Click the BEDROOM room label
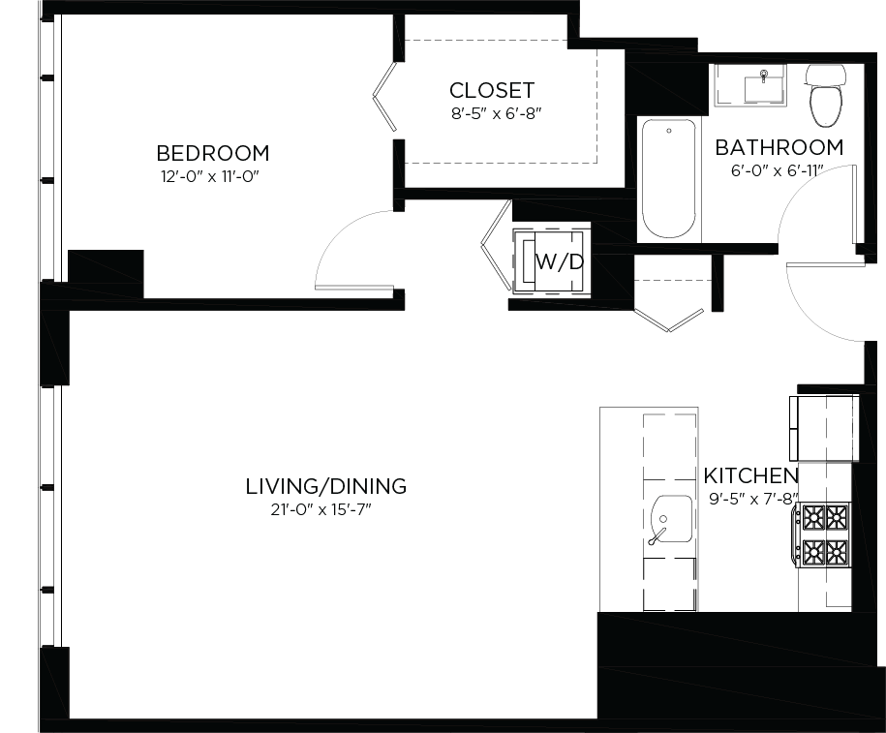tap(212, 153)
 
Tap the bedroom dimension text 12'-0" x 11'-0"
tap(212, 176)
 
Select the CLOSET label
tap(491, 90)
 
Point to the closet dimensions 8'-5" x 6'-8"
tap(493, 112)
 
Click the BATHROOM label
tap(779, 148)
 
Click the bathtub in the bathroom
tap(668, 179)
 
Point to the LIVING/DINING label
tap(325, 486)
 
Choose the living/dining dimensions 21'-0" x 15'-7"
tap(323, 509)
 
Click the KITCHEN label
tap(750, 476)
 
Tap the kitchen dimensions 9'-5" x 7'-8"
tap(751, 500)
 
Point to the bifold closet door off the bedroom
tap(384, 97)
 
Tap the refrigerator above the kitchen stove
tap(824, 427)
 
